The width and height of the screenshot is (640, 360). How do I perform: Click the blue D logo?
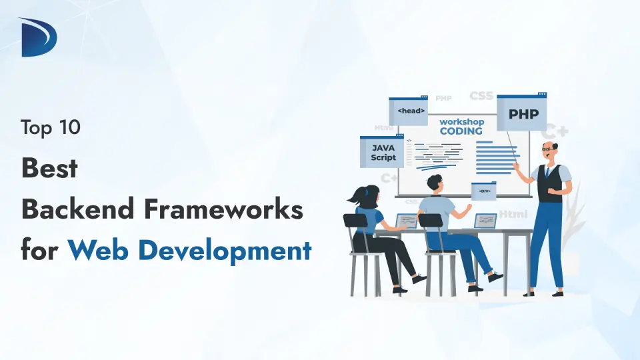coord(38,37)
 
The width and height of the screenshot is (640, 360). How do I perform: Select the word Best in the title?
coord(49,169)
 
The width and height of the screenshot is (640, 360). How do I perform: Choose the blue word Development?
coord(225,251)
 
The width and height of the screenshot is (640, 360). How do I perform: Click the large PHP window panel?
coord(521,114)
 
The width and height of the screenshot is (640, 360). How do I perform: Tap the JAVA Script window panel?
coord(383,153)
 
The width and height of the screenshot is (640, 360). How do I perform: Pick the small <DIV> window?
coord(483,191)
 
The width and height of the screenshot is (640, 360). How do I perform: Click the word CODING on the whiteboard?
coord(461,131)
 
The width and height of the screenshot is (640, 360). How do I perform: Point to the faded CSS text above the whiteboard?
coord(481,96)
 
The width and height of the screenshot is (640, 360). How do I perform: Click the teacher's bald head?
coord(548,146)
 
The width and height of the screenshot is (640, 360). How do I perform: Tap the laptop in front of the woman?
coord(406,221)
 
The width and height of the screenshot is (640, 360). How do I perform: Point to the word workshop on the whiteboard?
coord(461,123)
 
